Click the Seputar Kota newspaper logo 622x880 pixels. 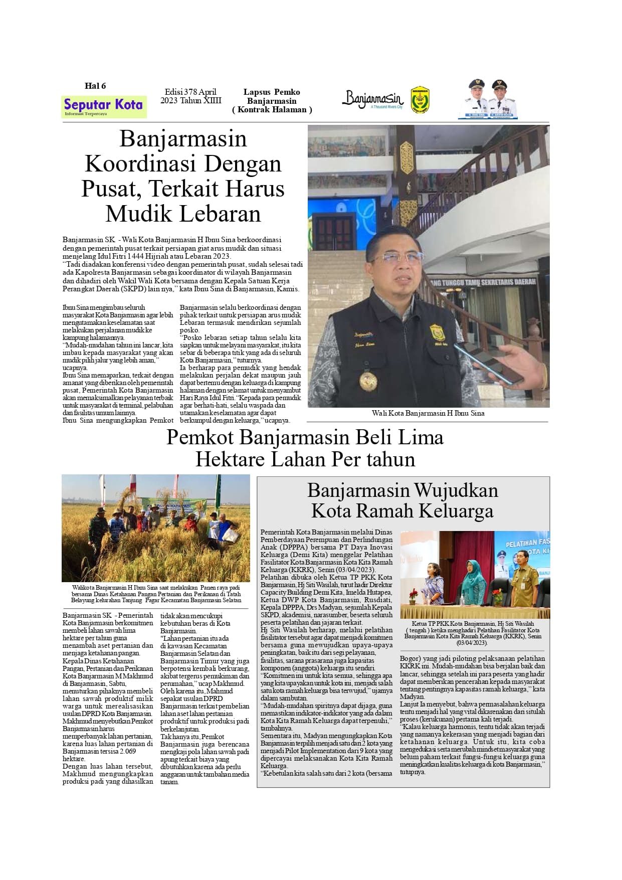(x=104, y=106)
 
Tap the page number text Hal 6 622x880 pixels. (x=95, y=86)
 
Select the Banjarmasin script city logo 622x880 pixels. (x=372, y=99)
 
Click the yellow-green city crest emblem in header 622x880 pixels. (x=420, y=100)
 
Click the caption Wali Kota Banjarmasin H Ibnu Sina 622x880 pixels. (x=428, y=414)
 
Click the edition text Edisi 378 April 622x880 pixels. (x=190, y=92)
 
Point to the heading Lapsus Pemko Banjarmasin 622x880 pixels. (x=272, y=96)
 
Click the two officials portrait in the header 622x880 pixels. (x=488, y=99)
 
